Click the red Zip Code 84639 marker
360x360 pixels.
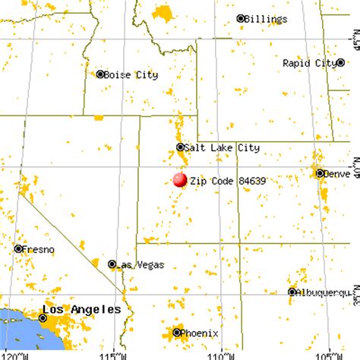point(179,180)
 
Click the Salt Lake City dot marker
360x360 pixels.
point(180,147)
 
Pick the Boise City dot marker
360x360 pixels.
point(99,74)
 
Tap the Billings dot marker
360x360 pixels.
point(241,18)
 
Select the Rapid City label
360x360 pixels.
point(308,64)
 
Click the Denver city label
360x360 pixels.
point(336,174)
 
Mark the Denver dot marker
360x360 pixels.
point(320,173)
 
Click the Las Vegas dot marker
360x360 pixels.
point(112,264)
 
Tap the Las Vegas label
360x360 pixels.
point(141,265)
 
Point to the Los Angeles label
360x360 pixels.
point(81,310)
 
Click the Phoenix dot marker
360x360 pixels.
point(177,332)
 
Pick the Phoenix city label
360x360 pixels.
point(201,333)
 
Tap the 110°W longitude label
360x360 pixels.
point(220,355)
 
